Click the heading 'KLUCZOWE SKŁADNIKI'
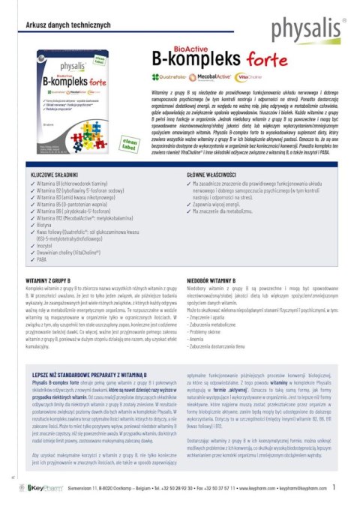coord(58,174)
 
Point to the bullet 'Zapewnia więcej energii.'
coord(225,203)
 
